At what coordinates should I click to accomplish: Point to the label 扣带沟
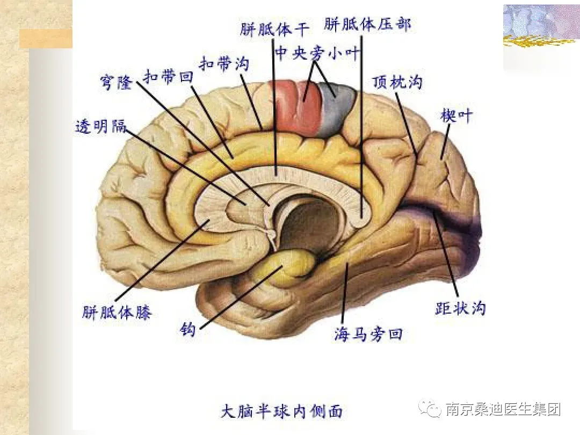(224, 64)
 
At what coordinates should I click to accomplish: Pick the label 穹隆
(116, 83)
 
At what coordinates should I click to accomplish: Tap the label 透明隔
(100, 127)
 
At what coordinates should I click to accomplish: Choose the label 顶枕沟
(397, 82)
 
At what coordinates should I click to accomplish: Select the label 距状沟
(460, 309)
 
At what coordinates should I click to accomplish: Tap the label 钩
(188, 330)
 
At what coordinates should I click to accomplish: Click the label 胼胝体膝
(117, 313)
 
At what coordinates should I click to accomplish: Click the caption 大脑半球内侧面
(282, 412)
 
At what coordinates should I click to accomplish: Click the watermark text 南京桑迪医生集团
(503, 410)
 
